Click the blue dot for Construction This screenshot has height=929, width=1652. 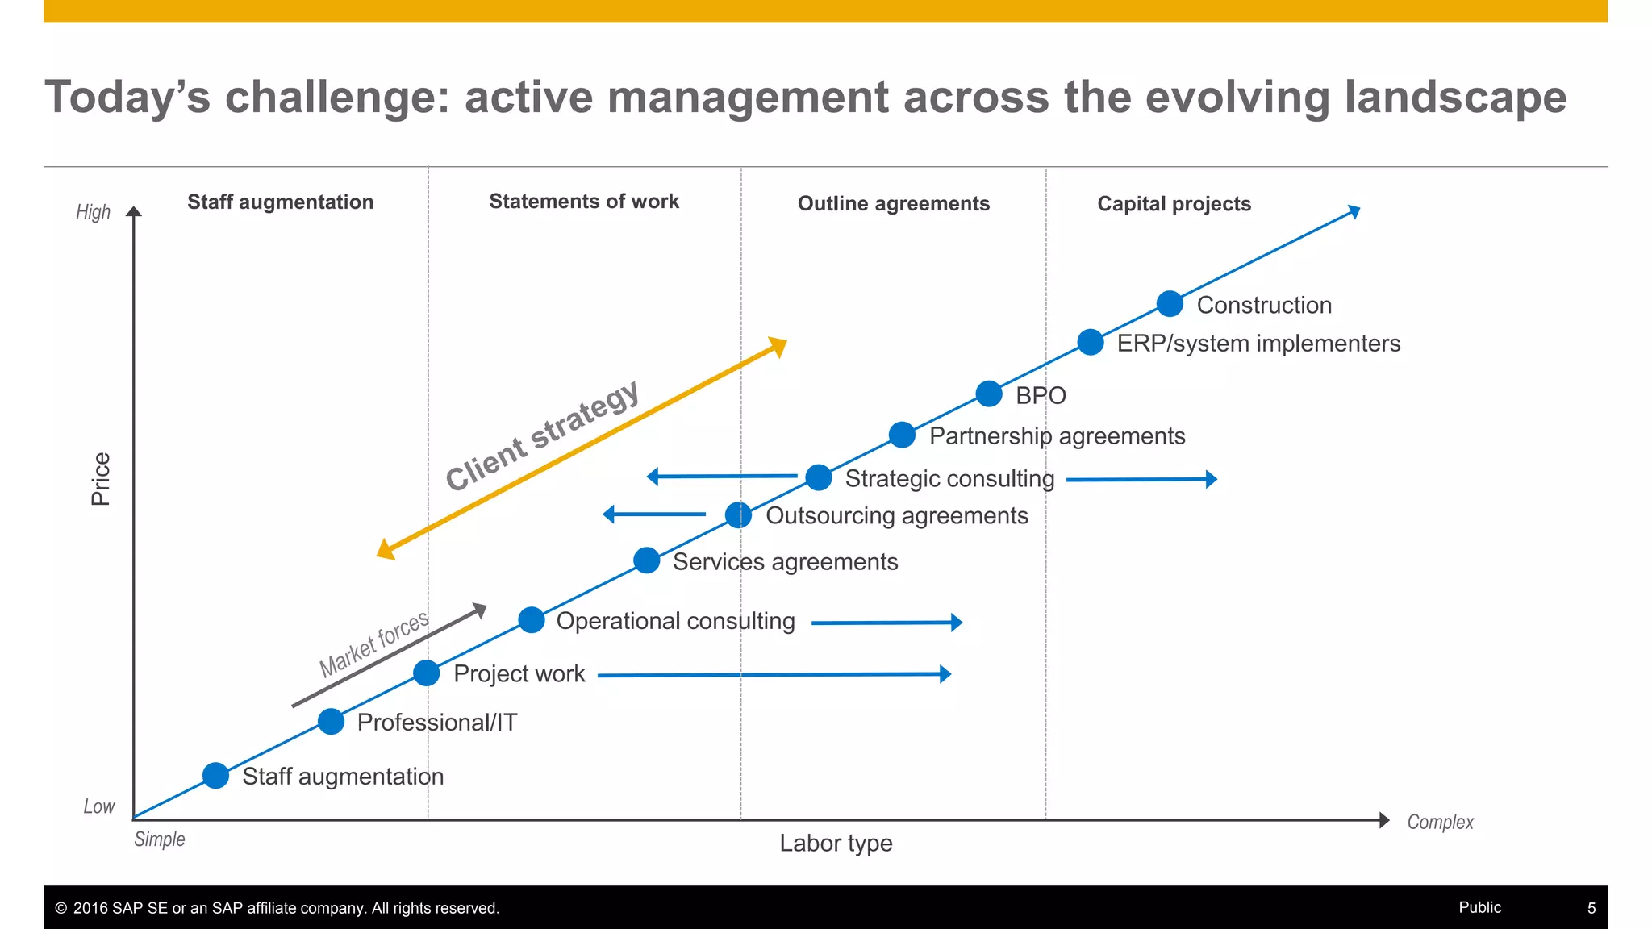(x=1170, y=304)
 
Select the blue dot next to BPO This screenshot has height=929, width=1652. (x=989, y=394)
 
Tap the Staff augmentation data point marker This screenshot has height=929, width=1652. (x=215, y=776)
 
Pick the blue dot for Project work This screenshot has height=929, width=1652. (x=427, y=673)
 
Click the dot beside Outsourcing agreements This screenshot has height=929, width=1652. (x=738, y=514)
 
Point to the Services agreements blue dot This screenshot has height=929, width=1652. (x=647, y=560)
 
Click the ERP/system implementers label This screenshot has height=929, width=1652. (x=1258, y=344)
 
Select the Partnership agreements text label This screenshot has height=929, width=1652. (x=1057, y=436)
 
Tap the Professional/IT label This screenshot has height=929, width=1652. (x=437, y=723)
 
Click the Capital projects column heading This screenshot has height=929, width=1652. (x=1174, y=204)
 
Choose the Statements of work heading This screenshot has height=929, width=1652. (x=584, y=202)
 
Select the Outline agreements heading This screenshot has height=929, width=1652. (x=893, y=204)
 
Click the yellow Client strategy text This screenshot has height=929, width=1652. (x=542, y=436)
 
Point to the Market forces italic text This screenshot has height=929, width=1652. (x=373, y=645)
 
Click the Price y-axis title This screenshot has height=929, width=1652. (x=101, y=479)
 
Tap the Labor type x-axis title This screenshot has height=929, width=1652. (x=836, y=844)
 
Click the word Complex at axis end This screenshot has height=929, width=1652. (x=1440, y=823)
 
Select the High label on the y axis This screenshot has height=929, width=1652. (x=93, y=212)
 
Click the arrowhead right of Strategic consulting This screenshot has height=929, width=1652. (x=1211, y=479)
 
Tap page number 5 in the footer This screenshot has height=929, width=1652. (x=1592, y=908)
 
